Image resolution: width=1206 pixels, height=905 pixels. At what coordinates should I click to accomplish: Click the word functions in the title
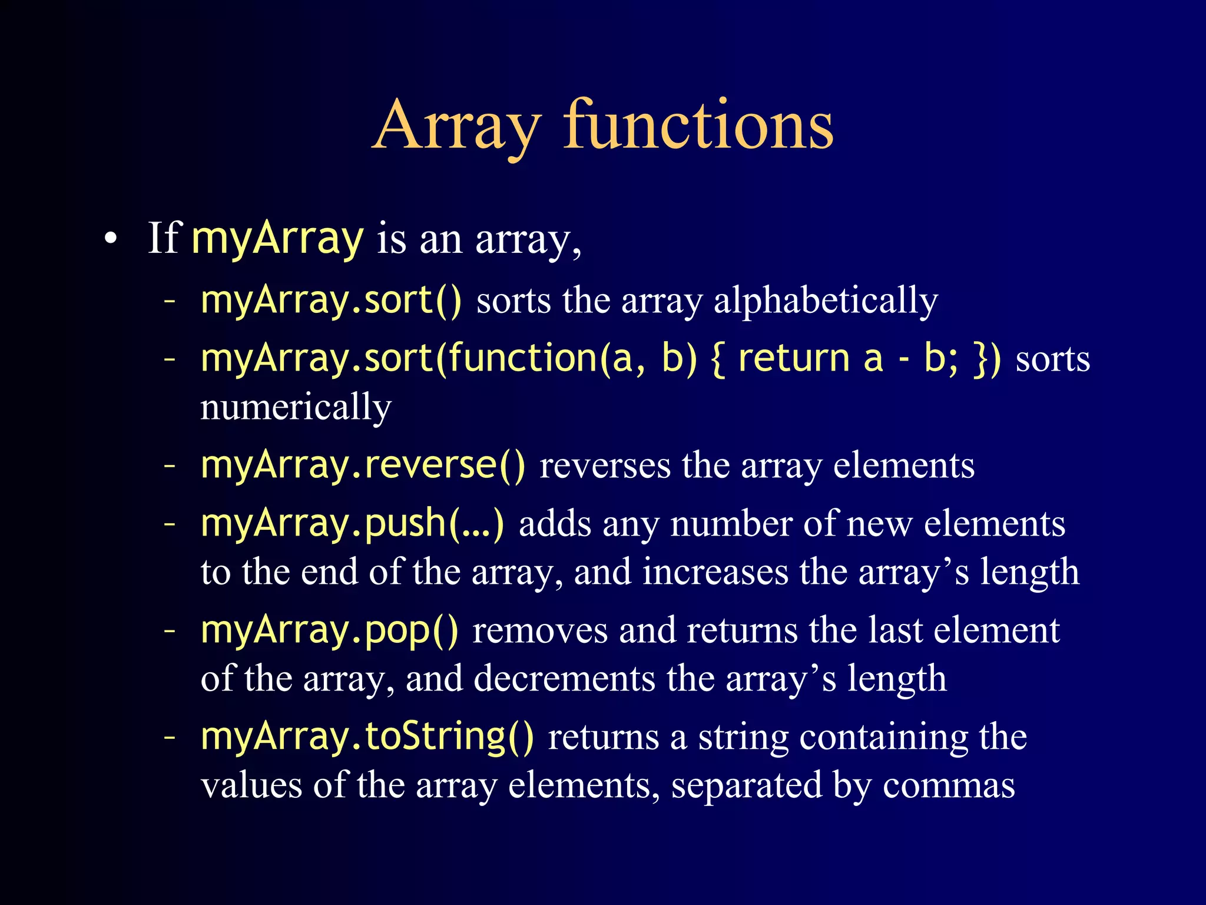698,124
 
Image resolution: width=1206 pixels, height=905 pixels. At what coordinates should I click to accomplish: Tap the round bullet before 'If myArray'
110,239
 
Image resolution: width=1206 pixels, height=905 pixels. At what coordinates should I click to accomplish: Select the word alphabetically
826,301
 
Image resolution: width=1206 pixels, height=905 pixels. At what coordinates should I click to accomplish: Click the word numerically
296,407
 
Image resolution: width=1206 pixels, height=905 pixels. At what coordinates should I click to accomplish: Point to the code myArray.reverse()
362,465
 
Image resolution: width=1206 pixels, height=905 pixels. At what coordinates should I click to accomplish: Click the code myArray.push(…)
352,524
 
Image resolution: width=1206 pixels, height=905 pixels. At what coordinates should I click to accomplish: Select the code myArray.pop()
329,630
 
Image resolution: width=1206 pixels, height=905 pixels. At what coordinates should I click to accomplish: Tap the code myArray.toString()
367,737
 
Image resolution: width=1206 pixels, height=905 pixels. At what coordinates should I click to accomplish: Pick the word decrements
564,678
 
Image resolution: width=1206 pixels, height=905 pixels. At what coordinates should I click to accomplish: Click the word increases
715,572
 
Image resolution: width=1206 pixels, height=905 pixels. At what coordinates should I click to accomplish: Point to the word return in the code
793,359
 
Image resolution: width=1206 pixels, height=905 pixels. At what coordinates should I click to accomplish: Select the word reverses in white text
605,466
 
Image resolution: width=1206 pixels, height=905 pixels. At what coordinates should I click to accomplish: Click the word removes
539,631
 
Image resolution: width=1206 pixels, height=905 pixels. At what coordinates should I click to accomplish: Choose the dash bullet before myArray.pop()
170,630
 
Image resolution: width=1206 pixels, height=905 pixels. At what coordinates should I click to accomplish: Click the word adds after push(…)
555,524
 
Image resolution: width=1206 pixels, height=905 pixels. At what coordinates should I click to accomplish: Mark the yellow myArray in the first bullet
277,239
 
